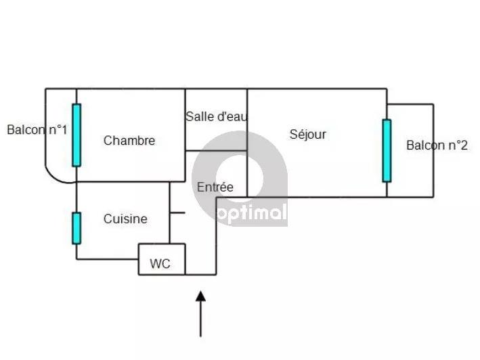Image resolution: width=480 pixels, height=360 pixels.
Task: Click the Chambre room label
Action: [x=129, y=141]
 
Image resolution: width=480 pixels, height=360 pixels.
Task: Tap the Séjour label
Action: [x=307, y=134]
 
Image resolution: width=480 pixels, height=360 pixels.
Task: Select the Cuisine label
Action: [x=125, y=219]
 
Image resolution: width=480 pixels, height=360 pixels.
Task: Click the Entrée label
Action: [x=215, y=187]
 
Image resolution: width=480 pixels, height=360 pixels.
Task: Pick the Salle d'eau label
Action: [x=216, y=116]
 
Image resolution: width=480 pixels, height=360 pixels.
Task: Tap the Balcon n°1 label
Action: [x=37, y=129]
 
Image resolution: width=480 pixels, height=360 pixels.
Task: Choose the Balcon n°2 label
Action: [x=437, y=145]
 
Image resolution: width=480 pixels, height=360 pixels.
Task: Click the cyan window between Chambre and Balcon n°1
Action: [x=77, y=135]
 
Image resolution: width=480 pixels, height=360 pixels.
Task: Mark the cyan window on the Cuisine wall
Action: [x=77, y=228]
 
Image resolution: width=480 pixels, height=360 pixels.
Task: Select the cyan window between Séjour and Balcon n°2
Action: [x=387, y=150]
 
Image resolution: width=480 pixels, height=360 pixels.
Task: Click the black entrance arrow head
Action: [x=200, y=296]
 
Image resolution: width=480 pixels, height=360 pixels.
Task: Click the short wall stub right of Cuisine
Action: [x=177, y=213]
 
